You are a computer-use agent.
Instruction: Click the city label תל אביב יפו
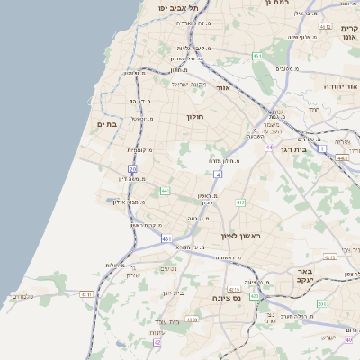coord(177,7)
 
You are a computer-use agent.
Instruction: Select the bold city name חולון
coord(196,117)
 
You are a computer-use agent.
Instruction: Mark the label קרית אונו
coord(348,33)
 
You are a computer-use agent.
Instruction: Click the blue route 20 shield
coord(132,168)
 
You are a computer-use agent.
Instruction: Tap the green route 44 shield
coord(165,191)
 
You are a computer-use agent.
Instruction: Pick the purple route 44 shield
coord(268,147)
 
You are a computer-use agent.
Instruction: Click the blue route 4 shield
coord(218,173)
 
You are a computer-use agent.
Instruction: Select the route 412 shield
coord(240,202)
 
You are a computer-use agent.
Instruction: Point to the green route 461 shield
coord(256,56)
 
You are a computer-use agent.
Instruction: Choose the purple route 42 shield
coord(157,343)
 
